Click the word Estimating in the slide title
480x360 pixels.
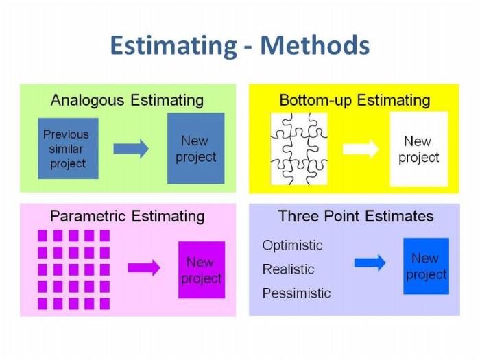pos(173,45)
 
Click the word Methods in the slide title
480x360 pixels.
pos(315,45)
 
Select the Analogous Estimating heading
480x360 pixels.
pos(127,100)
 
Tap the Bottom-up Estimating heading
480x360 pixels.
pos(355,100)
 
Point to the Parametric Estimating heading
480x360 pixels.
pos(127,216)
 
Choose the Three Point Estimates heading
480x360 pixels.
pos(355,216)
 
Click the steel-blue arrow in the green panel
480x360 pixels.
pos(131,148)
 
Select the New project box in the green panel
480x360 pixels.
pos(195,149)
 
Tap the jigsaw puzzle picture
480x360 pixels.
pos(299,149)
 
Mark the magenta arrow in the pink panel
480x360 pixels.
pos(144,267)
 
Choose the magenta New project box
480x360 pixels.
pos(201,270)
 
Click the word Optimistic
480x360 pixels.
pos(292,245)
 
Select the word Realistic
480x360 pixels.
pos(288,269)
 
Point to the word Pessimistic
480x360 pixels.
pos(296,293)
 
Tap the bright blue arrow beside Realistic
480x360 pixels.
pos(370,263)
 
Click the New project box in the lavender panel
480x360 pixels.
pos(426,266)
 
